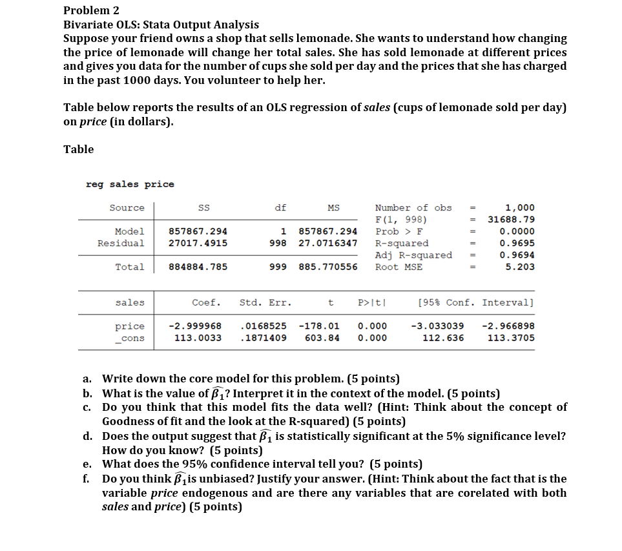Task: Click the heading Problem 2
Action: tap(91, 10)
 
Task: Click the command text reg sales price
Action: tap(130, 184)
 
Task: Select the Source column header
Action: tap(127, 208)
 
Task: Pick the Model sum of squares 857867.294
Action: tap(198, 231)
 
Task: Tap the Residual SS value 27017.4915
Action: tap(198, 243)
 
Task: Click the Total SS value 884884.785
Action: tap(198, 267)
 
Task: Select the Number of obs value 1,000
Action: tap(519, 208)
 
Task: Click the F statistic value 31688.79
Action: tap(511, 220)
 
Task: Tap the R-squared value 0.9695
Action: tap(517, 243)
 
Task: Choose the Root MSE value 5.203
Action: tap(519, 267)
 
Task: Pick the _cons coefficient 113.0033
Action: tap(198, 338)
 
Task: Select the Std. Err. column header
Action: tap(265, 302)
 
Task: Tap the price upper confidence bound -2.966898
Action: tap(508, 326)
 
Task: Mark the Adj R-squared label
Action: tap(413, 255)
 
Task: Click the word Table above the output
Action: tap(78, 149)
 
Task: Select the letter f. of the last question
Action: tap(86, 479)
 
